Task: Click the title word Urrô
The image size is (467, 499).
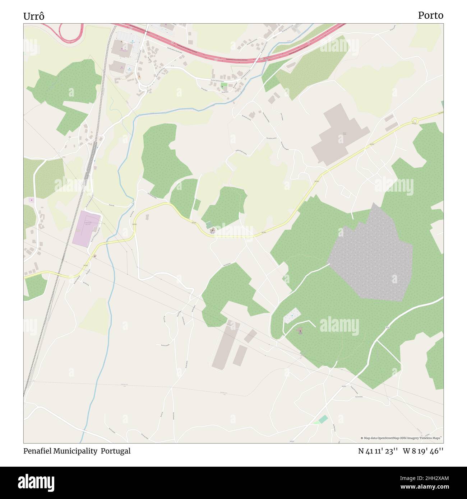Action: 34,16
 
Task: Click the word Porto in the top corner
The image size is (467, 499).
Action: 430,15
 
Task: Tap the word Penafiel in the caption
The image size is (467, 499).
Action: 38,451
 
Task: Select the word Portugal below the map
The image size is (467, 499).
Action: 115,451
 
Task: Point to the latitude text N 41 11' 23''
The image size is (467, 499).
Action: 378,451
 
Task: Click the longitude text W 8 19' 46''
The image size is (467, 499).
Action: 423,451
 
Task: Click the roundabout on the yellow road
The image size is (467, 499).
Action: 415,121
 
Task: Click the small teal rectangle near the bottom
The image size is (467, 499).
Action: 323,419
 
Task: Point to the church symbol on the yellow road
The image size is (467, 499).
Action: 213,230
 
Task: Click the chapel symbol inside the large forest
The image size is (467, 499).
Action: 300,330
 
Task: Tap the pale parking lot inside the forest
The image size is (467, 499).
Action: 292,316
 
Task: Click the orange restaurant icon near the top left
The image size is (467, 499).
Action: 139,76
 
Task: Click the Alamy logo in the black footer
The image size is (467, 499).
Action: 36,482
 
